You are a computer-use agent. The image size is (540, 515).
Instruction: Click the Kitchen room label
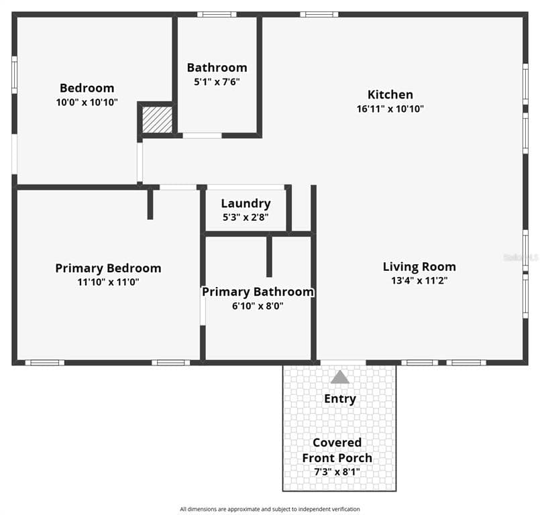tap(390, 95)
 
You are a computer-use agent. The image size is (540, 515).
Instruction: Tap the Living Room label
tap(419, 267)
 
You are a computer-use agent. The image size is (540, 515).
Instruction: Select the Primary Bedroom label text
tap(108, 268)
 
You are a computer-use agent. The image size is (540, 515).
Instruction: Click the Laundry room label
tap(246, 204)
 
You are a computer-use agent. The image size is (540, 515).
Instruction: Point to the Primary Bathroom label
tap(258, 292)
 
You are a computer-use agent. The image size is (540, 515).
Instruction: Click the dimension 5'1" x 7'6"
tap(217, 82)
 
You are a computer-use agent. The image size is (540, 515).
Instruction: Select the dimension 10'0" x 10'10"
tap(87, 102)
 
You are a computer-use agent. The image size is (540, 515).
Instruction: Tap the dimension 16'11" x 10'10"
tap(390, 109)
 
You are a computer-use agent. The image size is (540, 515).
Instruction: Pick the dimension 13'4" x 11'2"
tap(419, 281)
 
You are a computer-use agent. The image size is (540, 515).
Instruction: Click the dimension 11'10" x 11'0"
tap(108, 282)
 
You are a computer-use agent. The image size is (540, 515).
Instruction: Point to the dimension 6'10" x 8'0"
tap(258, 306)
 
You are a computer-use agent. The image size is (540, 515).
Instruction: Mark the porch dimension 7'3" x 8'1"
tap(337, 471)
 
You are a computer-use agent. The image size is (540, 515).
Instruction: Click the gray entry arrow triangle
tap(340, 378)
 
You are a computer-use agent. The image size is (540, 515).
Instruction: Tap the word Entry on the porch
tap(340, 399)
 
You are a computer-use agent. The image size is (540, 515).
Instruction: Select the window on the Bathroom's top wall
tap(216, 14)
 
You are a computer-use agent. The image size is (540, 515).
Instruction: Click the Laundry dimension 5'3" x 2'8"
tap(246, 217)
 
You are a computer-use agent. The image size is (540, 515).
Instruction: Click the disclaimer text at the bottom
tap(270, 509)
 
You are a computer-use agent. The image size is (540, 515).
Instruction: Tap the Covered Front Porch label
tap(337, 450)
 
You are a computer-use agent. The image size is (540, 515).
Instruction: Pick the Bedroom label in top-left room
tap(87, 88)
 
